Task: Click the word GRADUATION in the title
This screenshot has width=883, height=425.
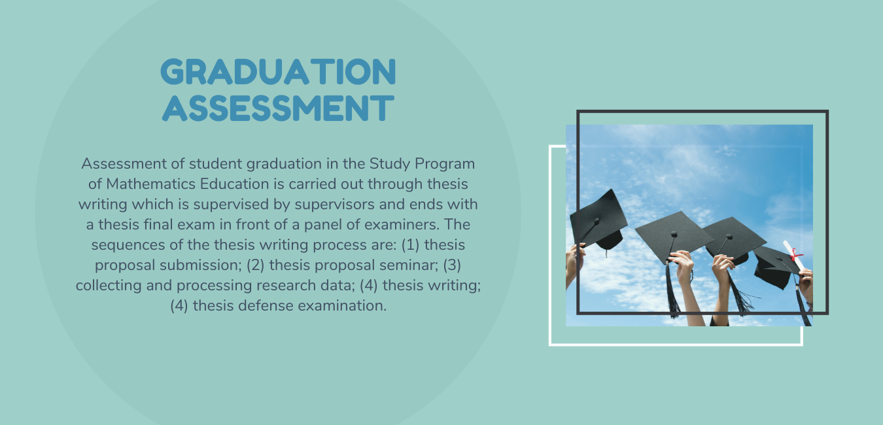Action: click(x=278, y=71)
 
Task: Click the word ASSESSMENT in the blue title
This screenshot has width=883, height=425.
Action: click(x=278, y=107)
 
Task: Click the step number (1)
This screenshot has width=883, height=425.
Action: click(x=410, y=245)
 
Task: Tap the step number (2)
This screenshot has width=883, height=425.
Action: click(x=256, y=265)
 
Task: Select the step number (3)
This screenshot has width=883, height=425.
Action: click(x=452, y=265)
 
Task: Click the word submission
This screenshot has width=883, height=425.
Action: click(x=201, y=265)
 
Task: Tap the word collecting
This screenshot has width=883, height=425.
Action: click(x=109, y=286)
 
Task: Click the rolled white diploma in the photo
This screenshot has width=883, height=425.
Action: click(x=793, y=255)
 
